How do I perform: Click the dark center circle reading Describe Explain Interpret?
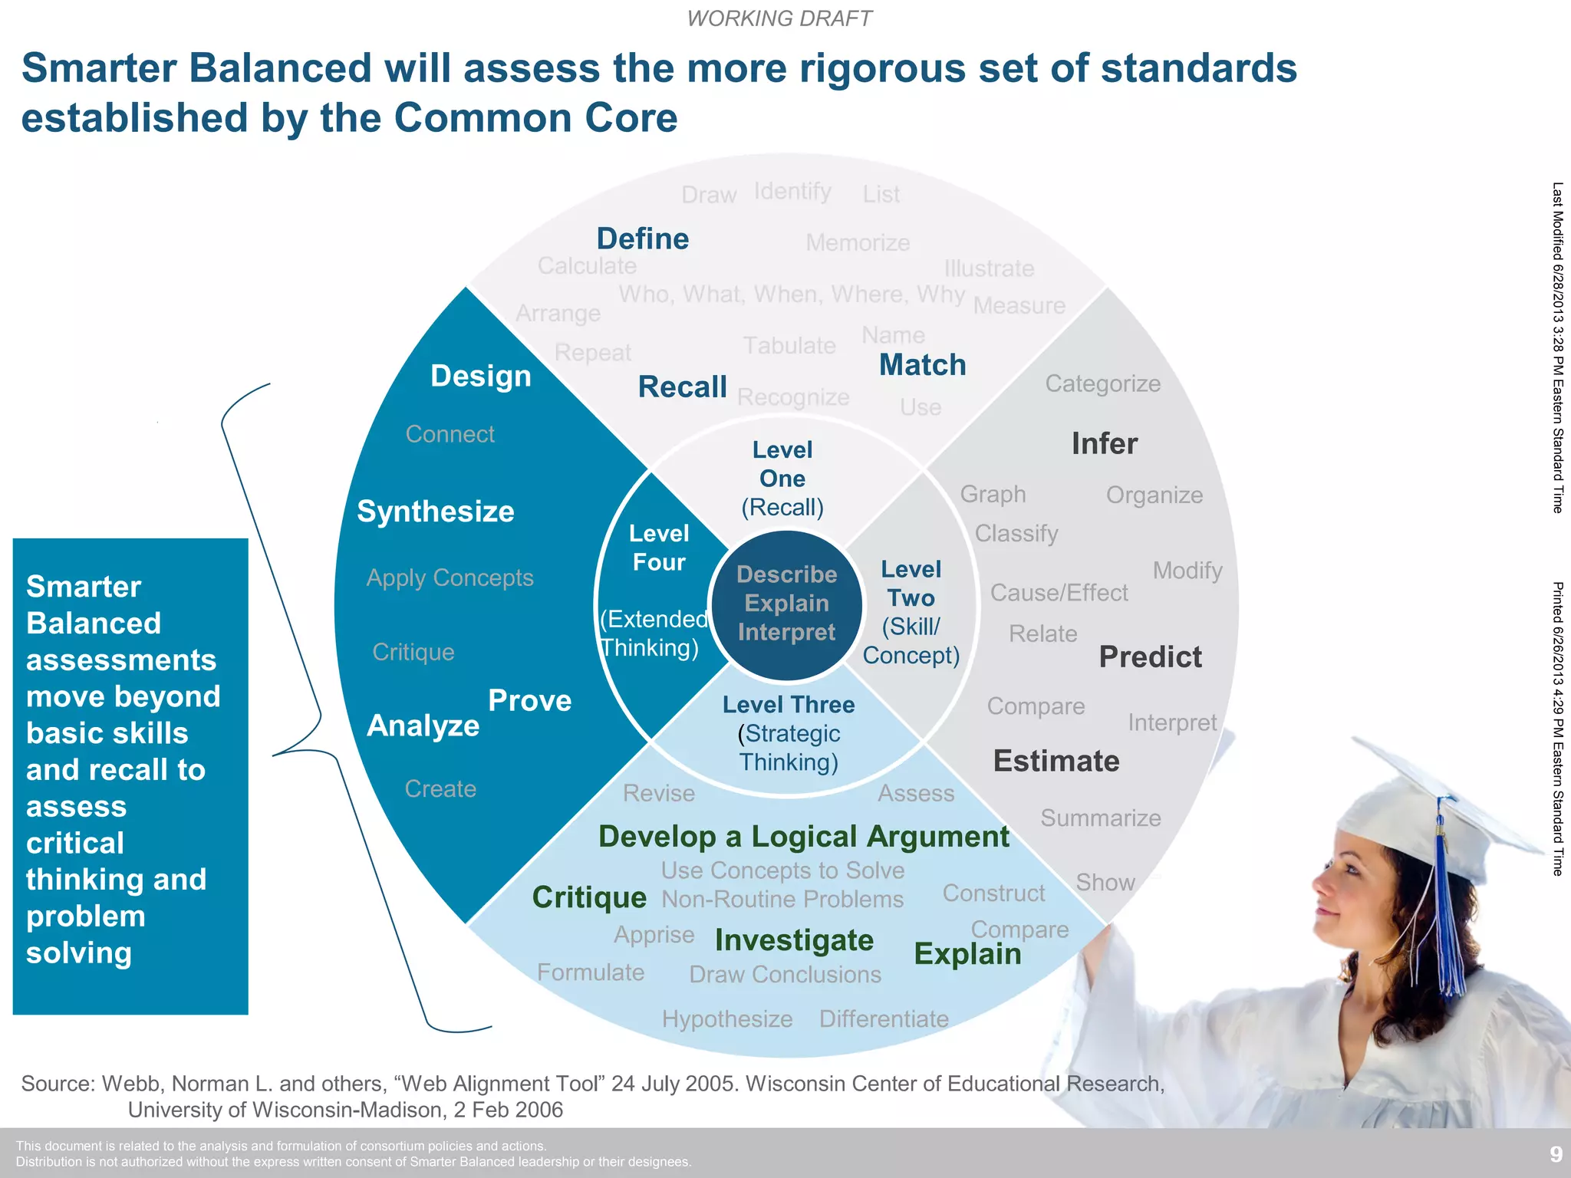point(786,604)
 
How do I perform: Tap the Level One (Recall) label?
point(782,479)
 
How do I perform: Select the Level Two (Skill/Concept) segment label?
point(911,612)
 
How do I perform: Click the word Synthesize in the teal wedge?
point(436,512)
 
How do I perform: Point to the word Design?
point(480,377)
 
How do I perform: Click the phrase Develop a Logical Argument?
point(803,837)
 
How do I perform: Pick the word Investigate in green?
point(794,940)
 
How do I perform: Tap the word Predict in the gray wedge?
point(1150,657)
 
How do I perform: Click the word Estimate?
point(1056,761)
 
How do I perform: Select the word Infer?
point(1104,444)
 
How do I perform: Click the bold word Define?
point(642,239)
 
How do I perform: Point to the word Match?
point(922,365)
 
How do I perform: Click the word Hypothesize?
point(727,1019)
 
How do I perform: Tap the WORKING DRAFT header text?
point(779,18)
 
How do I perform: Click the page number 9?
point(1556,1154)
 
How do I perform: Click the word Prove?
point(529,701)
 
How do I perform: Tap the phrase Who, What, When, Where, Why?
point(792,294)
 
